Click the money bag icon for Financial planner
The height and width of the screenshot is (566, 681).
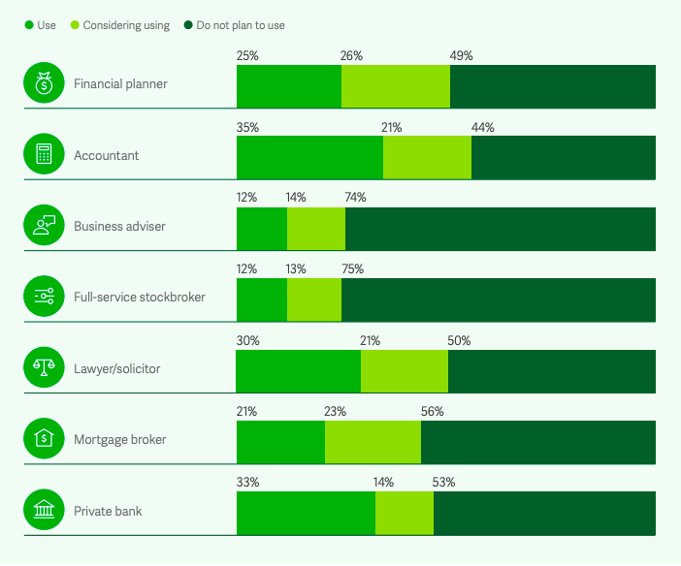click(43, 84)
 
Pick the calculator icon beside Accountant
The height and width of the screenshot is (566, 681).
click(43, 155)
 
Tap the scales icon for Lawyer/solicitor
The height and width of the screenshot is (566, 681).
click(43, 368)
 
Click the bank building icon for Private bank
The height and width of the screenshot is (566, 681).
click(43, 511)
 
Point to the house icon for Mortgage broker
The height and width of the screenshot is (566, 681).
click(43, 439)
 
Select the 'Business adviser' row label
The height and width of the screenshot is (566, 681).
click(119, 227)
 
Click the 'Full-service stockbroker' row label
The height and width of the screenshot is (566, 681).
click(140, 298)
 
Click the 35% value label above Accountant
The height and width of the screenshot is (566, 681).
click(247, 127)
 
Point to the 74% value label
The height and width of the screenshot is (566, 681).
click(355, 198)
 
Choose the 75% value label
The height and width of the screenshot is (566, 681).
click(353, 269)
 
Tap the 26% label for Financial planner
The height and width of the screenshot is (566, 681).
click(351, 56)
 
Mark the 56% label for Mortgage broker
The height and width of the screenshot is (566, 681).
click(433, 411)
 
